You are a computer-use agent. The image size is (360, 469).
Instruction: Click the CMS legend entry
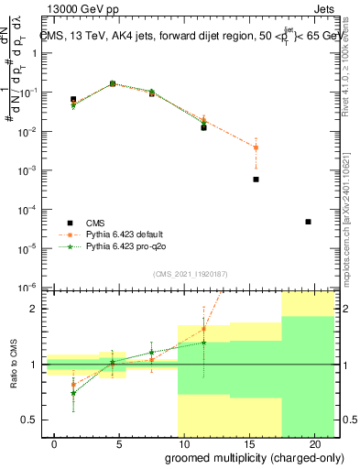point(96,223)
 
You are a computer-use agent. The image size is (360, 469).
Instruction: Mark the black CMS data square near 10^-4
point(308,222)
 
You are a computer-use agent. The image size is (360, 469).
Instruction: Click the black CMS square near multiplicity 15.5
point(256,180)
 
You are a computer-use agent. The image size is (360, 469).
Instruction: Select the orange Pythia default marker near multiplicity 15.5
point(256,147)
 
